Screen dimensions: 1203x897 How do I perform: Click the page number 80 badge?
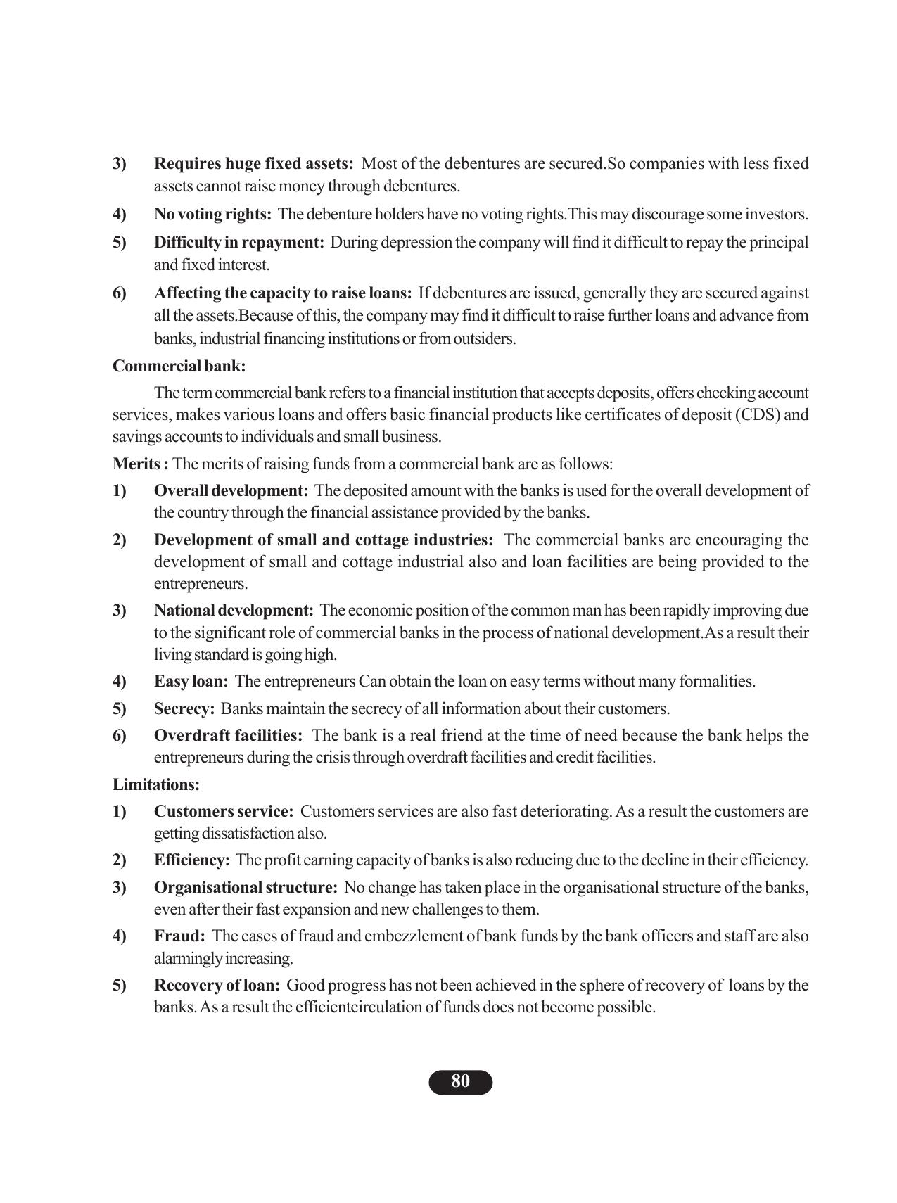(460, 1082)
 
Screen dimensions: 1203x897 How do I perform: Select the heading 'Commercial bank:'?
(179, 366)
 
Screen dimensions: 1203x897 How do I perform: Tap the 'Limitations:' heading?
(156, 784)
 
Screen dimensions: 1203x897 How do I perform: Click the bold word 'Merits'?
(138, 464)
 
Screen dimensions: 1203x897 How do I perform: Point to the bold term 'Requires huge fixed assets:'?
(253, 164)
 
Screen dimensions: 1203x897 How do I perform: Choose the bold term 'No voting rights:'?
(212, 214)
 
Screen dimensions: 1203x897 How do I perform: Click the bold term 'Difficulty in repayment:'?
(239, 243)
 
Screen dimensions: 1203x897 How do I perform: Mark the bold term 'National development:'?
(234, 610)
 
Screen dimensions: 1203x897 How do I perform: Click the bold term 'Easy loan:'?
(191, 681)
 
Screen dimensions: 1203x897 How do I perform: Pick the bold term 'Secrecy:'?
(184, 708)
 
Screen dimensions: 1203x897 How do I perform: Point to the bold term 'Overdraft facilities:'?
(229, 735)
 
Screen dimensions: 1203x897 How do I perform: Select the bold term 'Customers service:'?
(224, 811)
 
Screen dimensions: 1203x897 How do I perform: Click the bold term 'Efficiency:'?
(192, 860)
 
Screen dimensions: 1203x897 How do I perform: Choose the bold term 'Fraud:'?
(179, 936)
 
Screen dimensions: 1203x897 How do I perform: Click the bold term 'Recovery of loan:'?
(217, 985)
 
